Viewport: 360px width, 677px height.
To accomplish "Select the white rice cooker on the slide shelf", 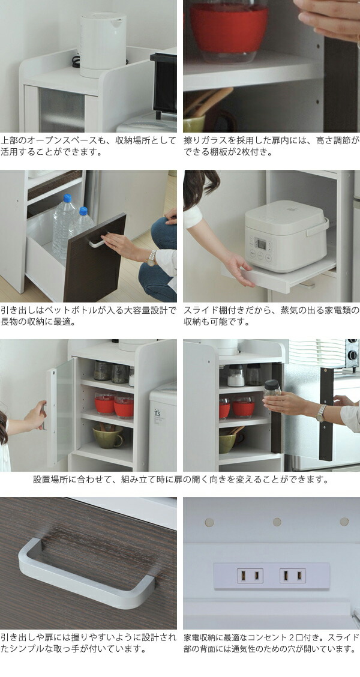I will pos(285,235).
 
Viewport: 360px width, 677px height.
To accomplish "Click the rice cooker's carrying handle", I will pos(319,227).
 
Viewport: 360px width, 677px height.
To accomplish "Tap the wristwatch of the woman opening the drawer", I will pos(152,257).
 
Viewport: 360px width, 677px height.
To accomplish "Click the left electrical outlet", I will pos(250,576).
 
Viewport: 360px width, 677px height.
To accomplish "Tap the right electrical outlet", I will pos(292,576).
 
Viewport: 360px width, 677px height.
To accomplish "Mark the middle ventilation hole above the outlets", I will pos(277,522).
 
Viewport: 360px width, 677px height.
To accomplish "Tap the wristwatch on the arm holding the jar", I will pos(321,412).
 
